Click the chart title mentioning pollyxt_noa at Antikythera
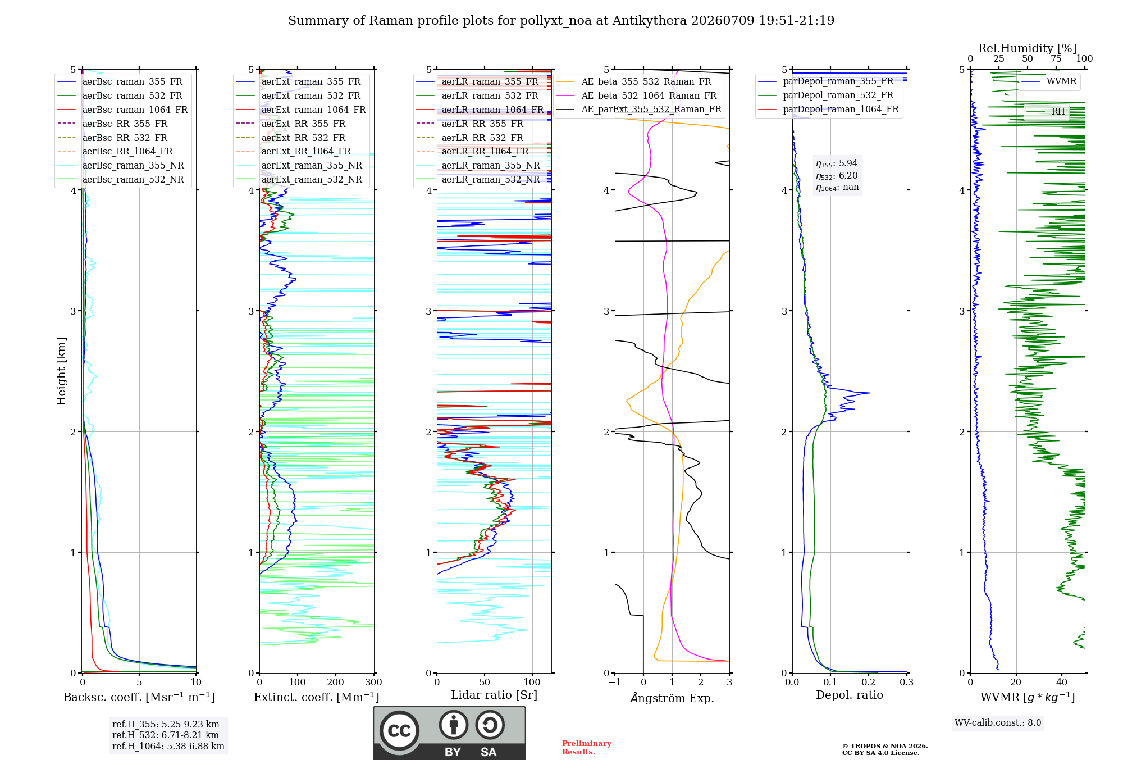[x=561, y=21]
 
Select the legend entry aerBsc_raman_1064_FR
[x=135, y=110]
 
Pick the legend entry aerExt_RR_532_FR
[x=303, y=138]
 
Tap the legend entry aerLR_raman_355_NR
[x=490, y=165]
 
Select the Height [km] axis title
[x=61, y=371]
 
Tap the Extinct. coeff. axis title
[x=317, y=697]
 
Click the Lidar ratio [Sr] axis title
[x=494, y=695]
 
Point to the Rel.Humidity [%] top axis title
[x=1028, y=48]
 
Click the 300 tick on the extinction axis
[x=373, y=683]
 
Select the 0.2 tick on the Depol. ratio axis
[x=869, y=683]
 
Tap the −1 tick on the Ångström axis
[x=614, y=683]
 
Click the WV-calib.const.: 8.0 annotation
[x=998, y=723]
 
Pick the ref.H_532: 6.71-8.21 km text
[x=166, y=735]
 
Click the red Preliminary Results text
[x=587, y=748]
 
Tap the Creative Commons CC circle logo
[x=399, y=730]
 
